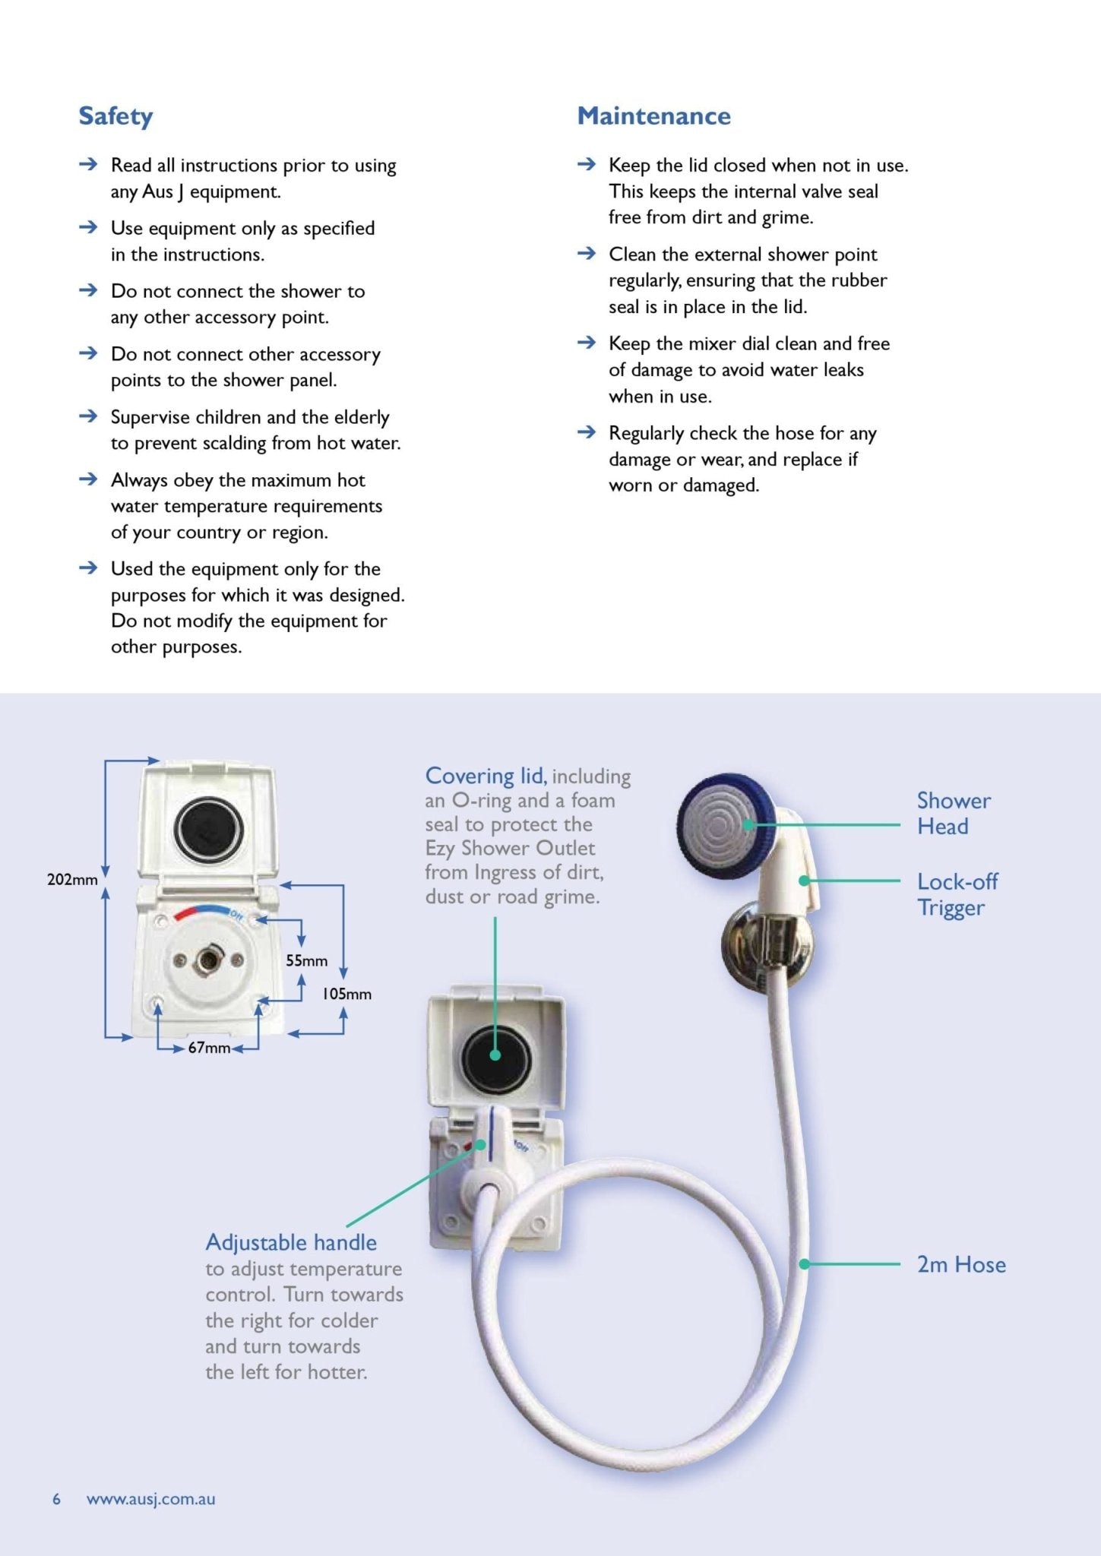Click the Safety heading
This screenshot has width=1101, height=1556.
[x=115, y=116]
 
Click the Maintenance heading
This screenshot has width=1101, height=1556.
[x=653, y=116]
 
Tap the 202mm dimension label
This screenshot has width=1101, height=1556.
[x=72, y=880]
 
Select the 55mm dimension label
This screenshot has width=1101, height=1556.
[x=306, y=960]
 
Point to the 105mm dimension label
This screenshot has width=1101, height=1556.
[x=346, y=994]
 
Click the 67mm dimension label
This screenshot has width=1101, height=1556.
[x=209, y=1048]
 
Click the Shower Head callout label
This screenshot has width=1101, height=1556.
[x=953, y=813]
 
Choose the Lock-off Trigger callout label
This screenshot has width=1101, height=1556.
[x=957, y=894]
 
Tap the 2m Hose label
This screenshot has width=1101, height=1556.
[x=960, y=1264]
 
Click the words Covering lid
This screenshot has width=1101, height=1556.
[x=485, y=776]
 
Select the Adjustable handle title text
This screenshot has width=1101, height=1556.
[x=291, y=1242]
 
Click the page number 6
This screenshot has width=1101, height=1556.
[x=56, y=1499]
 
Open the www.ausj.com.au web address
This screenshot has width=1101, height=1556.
[x=150, y=1499]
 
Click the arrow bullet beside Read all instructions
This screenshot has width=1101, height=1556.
[x=88, y=164]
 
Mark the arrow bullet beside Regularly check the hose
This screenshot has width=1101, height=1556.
[x=586, y=432]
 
